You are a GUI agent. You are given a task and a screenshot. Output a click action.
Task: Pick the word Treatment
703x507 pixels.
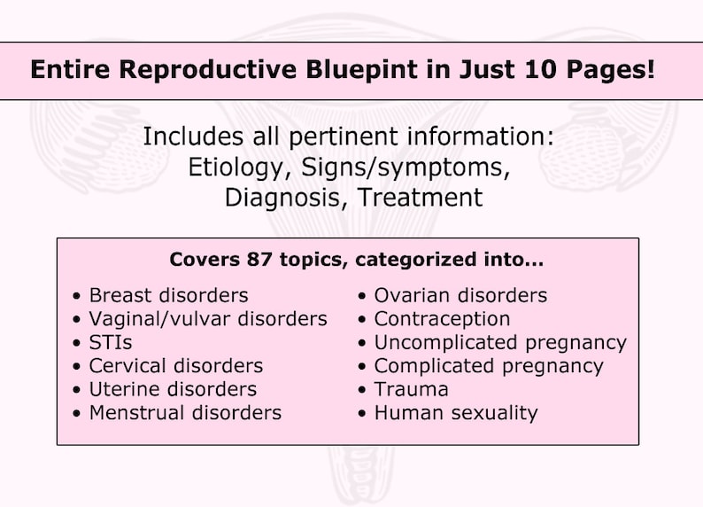pos(420,197)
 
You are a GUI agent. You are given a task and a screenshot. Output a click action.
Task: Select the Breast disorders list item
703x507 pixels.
pos(168,295)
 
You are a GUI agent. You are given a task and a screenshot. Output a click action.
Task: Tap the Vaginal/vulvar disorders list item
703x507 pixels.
pos(208,318)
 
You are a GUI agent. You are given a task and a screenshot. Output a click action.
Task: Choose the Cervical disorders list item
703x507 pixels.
pos(175,365)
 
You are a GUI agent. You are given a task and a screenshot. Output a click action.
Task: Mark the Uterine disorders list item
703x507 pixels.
pos(173,389)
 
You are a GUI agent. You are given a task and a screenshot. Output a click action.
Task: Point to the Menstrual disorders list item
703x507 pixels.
pos(185,412)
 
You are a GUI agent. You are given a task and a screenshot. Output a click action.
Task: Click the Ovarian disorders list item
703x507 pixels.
pos(460,295)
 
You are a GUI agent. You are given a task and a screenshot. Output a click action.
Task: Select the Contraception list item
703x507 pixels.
pos(442,318)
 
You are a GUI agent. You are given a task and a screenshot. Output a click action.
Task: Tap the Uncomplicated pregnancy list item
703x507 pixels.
pos(500,342)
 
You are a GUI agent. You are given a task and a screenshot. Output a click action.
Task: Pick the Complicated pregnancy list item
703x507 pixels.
pos(489,365)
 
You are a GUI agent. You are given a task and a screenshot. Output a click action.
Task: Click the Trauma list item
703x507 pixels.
pos(411,389)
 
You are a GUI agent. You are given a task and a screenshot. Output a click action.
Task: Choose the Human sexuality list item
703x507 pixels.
pos(455,412)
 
